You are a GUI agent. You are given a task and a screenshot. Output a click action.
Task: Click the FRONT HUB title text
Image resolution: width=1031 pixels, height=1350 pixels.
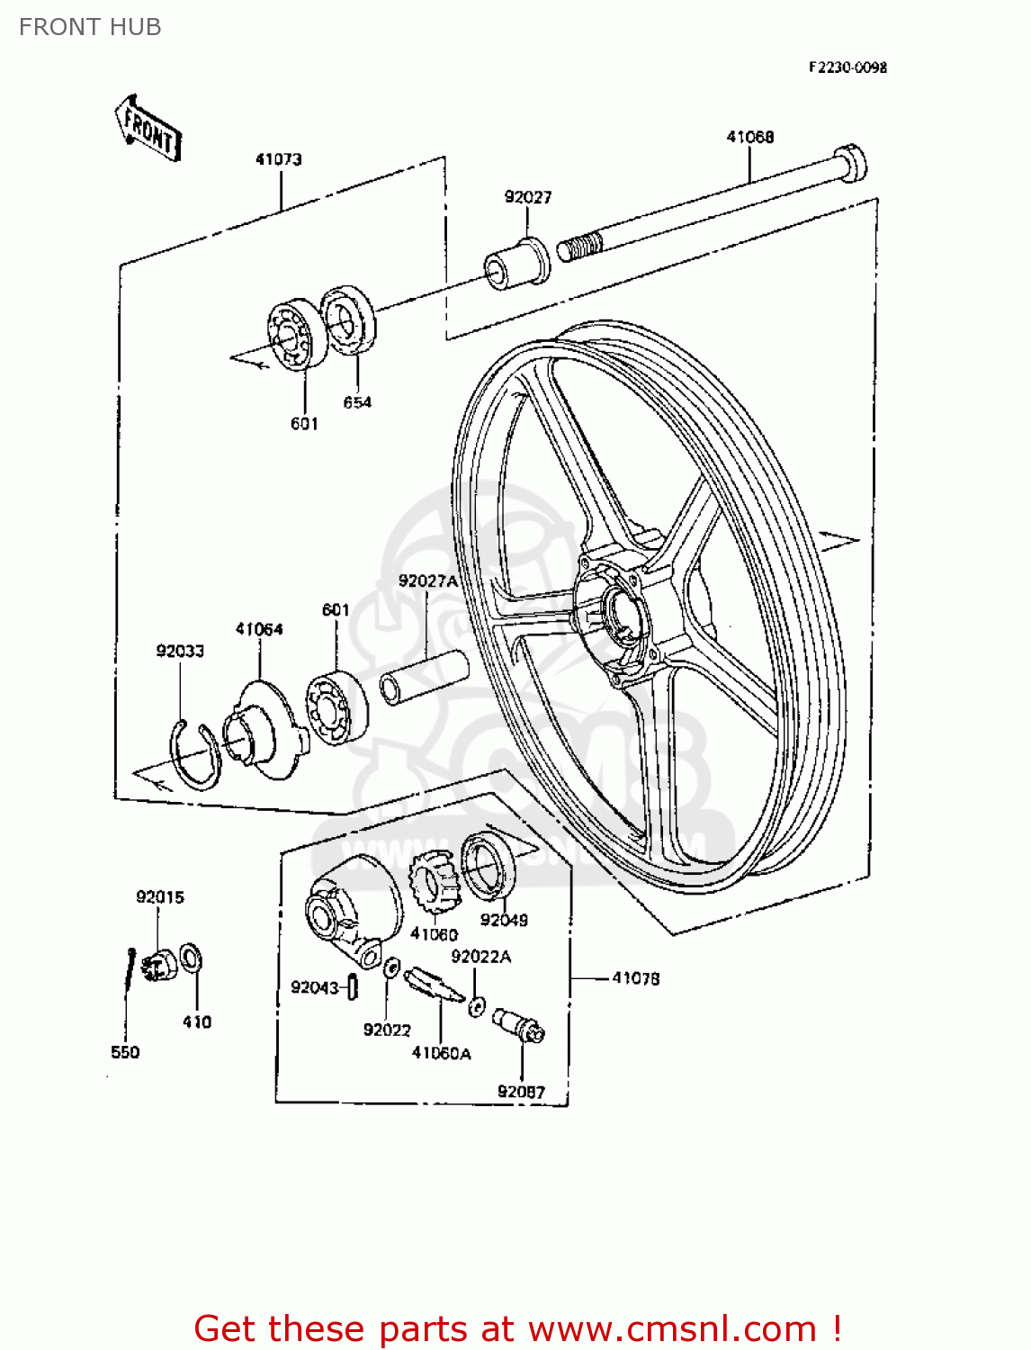[90, 27]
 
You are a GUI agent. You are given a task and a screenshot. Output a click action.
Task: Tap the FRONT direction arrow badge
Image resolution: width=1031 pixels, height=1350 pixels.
[148, 129]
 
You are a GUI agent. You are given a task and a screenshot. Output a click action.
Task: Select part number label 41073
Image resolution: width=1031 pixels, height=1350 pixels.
[278, 159]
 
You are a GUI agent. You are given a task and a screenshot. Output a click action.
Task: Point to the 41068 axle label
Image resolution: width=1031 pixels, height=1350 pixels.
[749, 137]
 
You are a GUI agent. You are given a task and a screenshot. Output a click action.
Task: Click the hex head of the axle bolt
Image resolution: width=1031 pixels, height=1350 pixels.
[849, 163]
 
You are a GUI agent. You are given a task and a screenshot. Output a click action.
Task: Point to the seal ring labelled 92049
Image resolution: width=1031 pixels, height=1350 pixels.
[488, 866]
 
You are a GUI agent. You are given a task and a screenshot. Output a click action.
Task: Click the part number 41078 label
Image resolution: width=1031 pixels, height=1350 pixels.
[635, 978]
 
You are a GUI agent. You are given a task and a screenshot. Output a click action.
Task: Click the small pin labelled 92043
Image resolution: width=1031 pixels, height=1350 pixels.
[353, 987]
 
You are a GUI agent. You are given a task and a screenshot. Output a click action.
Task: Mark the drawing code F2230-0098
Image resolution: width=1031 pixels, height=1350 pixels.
[847, 67]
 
